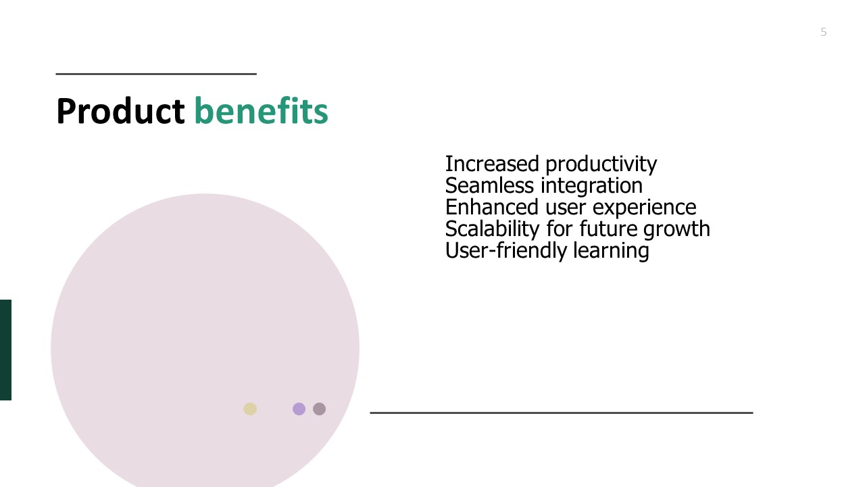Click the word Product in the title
120,112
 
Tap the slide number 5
823,32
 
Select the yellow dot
250,409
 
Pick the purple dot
299,409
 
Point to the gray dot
320,409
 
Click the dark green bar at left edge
5,350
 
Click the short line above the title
156,74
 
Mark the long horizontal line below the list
562,413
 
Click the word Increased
492,164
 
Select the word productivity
601,165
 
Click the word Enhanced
491,207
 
